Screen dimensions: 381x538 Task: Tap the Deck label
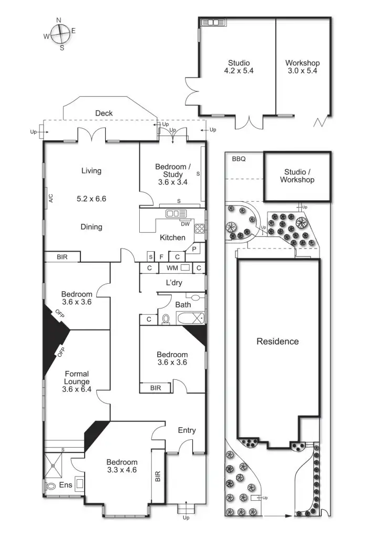[104, 113]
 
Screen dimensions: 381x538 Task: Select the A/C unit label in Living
[51, 198]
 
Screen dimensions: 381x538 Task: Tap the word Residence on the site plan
[277, 342]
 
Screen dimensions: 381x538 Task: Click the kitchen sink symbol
[176, 213]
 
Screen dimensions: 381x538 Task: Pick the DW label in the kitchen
[184, 224]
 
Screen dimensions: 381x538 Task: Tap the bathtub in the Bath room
[189, 318]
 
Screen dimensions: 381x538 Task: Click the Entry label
[187, 430]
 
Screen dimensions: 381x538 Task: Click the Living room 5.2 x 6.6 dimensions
[91, 199]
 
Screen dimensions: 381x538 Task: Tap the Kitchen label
[173, 237]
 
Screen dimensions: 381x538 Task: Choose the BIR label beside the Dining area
[62, 257]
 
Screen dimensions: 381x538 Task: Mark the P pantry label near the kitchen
[194, 249]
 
